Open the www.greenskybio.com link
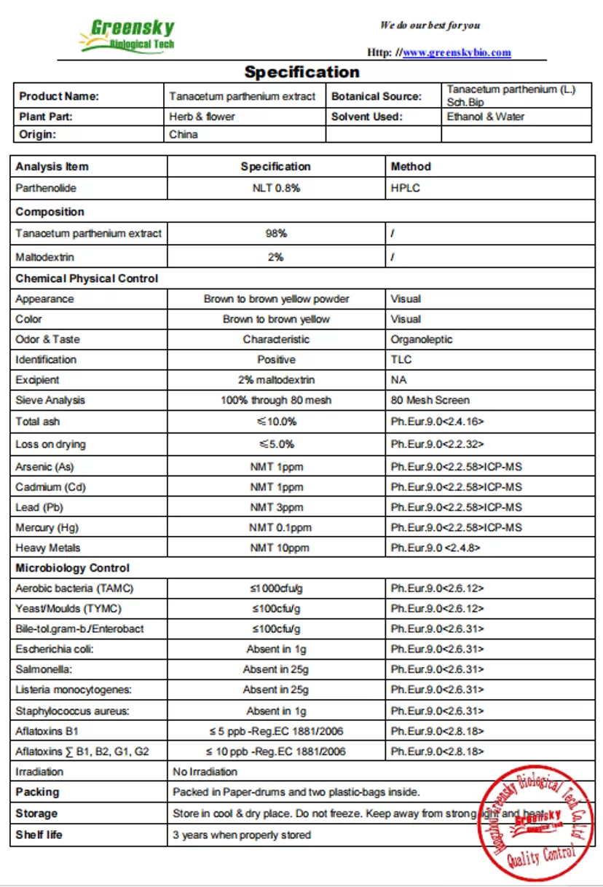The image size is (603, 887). pyautogui.click(x=457, y=52)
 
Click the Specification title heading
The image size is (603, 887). pyautogui.click(x=301, y=72)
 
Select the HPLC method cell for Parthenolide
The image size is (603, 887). pyautogui.click(x=405, y=188)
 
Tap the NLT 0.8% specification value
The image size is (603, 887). pyautogui.click(x=276, y=188)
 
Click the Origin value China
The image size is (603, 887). pyautogui.click(x=184, y=134)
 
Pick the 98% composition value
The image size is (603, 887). pyautogui.click(x=276, y=234)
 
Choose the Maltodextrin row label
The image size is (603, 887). pyautogui.click(x=44, y=257)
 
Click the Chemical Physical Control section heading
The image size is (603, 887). pyautogui.click(x=87, y=278)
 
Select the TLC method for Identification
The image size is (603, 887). pyautogui.click(x=401, y=360)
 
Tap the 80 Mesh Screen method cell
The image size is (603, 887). pyautogui.click(x=430, y=400)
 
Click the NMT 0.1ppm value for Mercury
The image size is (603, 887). pyautogui.click(x=280, y=528)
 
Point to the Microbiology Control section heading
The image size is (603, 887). pyautogui.click(x=73, y=568)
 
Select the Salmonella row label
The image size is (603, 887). pyautogui.click(x=43, y=669)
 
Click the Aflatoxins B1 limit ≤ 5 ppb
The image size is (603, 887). pyautogui.click(x=275, y=730)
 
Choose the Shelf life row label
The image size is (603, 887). pyautogui.click(x=39, y=835)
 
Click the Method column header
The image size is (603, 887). pyautogui.click(x=411, y=167)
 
